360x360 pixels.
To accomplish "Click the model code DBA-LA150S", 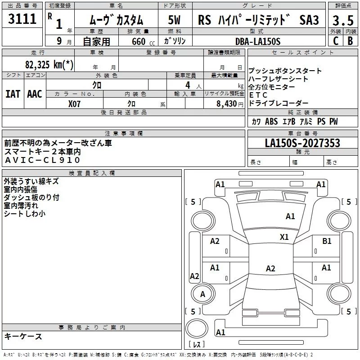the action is (258, 41).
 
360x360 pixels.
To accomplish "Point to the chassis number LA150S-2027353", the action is (302, 144).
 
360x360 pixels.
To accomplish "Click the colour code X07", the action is (75, 103).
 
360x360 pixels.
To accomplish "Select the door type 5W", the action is (174, 21).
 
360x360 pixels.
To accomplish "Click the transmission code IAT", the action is (13, 94).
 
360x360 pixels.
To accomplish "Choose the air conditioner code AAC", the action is (34, 94).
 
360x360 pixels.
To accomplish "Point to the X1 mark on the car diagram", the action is (284, 237).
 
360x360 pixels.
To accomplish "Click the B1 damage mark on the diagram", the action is (327, 241).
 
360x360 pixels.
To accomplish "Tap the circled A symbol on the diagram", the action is (202, 294).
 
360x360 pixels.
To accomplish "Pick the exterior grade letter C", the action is (335, 41).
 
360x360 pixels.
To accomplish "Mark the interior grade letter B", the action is (351, 41).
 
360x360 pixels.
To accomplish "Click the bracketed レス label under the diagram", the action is (197, 345).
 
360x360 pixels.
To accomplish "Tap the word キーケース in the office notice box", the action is (23, 337).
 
